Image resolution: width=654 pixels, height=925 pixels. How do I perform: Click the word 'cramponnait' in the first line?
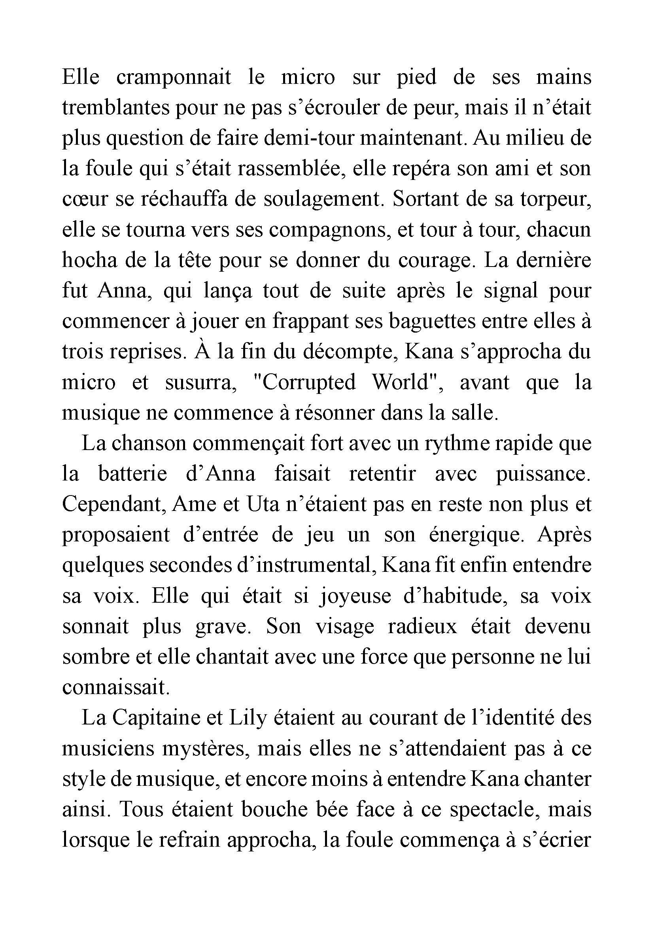coord(174,78)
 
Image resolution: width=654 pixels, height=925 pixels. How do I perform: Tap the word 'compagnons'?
coord(330,230)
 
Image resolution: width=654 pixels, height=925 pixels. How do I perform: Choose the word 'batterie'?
coord(132,475)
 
